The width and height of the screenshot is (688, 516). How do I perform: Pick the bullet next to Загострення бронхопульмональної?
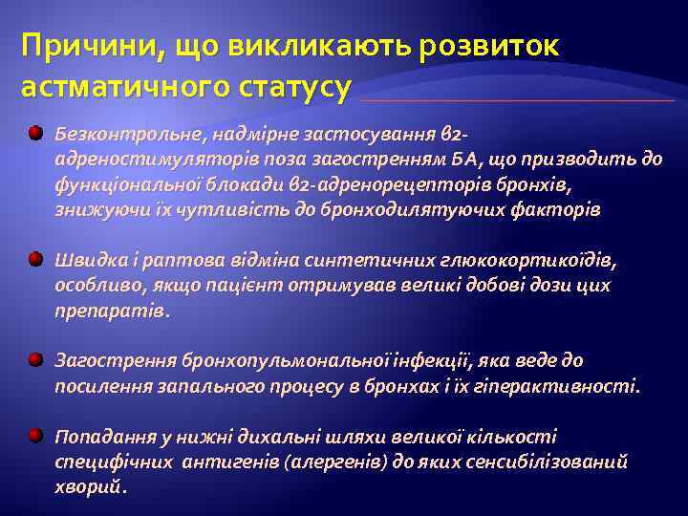click(x=34, y=360)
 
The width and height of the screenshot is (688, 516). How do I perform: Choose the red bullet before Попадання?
click(x=34, y=436)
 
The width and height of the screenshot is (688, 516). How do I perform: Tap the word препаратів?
click(x=110, y=311)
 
